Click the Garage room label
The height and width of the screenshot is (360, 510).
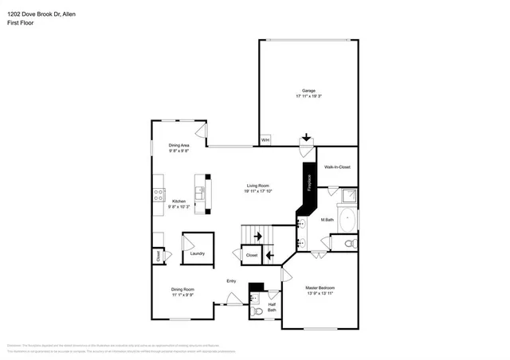pos(308,90)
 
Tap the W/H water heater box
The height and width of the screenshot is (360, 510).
pos(265,141)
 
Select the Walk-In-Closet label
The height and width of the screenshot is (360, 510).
pos(336,166)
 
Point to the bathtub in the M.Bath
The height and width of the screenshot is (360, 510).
pos(348,219)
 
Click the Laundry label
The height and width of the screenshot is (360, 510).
pos(198,253)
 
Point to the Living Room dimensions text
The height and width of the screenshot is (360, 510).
pos(258,191)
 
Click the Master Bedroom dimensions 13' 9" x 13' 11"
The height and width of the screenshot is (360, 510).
pos(320,293)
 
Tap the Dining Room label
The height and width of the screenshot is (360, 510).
pos(182,289)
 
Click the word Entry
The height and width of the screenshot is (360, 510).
pos(231,280)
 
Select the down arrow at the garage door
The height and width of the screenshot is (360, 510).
pos(306,137)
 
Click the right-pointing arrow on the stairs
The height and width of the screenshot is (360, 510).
pos(257,236)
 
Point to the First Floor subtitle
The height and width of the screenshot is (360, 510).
pos(21,22)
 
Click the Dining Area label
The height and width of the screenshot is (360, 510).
pos(178,145)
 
